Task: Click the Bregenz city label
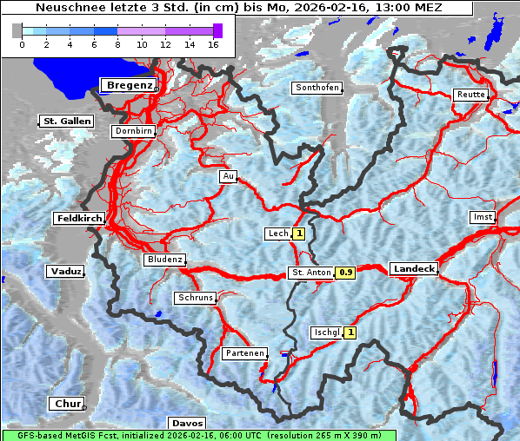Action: (130, 85)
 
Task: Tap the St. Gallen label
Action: (66, 121)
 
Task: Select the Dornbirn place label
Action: (134, 131)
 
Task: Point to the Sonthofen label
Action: (317, 88)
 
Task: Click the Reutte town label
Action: (470, 94)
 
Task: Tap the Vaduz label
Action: (66, 272)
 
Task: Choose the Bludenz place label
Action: (164, 260)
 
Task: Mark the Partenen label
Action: (244, 353)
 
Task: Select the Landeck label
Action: (414, 269)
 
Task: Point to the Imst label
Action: (482, 216)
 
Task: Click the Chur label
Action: (67, 404)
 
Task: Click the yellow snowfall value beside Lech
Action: (299, 234)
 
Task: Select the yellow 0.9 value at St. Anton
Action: (346, 273)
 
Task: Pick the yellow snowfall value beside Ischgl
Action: (350, 332)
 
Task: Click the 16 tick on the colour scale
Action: (213, 44)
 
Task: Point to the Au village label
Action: (229, 176)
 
